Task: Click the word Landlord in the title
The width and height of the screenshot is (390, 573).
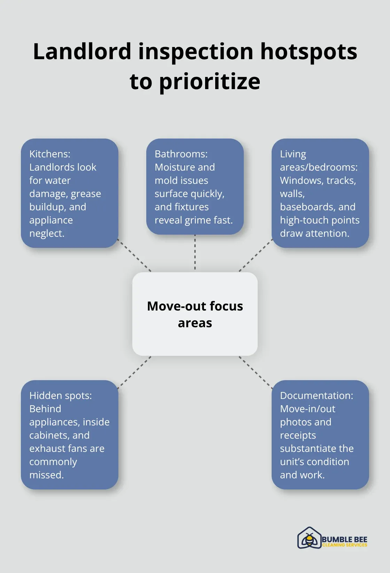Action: (82, 52)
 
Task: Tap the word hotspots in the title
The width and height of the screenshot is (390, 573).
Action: (309, 52)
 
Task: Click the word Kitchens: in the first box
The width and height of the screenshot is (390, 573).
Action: (50, 154)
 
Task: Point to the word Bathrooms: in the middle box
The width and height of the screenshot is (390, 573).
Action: (181, 154)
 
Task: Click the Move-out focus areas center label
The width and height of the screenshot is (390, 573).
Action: (195, 314)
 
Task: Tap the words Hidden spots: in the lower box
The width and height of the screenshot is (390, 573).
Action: (61, 395)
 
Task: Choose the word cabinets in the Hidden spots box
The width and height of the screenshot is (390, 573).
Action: (49, 435)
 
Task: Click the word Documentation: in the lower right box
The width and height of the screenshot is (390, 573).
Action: (317, 395)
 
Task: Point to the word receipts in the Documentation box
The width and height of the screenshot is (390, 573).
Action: (298, 435)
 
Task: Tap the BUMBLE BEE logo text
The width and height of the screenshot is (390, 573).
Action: (344, 539)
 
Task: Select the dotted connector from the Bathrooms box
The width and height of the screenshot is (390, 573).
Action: (195, 252)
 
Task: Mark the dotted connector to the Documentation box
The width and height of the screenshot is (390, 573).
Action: (256, 372)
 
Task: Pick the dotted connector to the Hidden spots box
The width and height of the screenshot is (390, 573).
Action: (134, 372)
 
